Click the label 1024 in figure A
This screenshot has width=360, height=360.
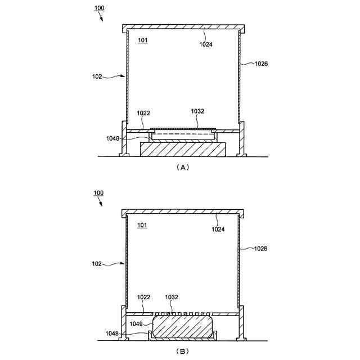point(206,44)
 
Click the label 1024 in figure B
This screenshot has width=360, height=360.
point(218,229)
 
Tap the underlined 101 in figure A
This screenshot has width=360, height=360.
point(142,40)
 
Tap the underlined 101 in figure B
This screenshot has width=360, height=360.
point(142,225)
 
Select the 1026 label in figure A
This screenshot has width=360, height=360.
point(261,64)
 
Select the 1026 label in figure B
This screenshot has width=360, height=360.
point(260,249)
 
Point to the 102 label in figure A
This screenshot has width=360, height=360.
point(97,76)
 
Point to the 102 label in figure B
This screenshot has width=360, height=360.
point(96,264)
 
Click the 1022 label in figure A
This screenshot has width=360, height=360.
point(143,113)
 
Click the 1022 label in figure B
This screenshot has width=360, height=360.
point(143,297)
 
